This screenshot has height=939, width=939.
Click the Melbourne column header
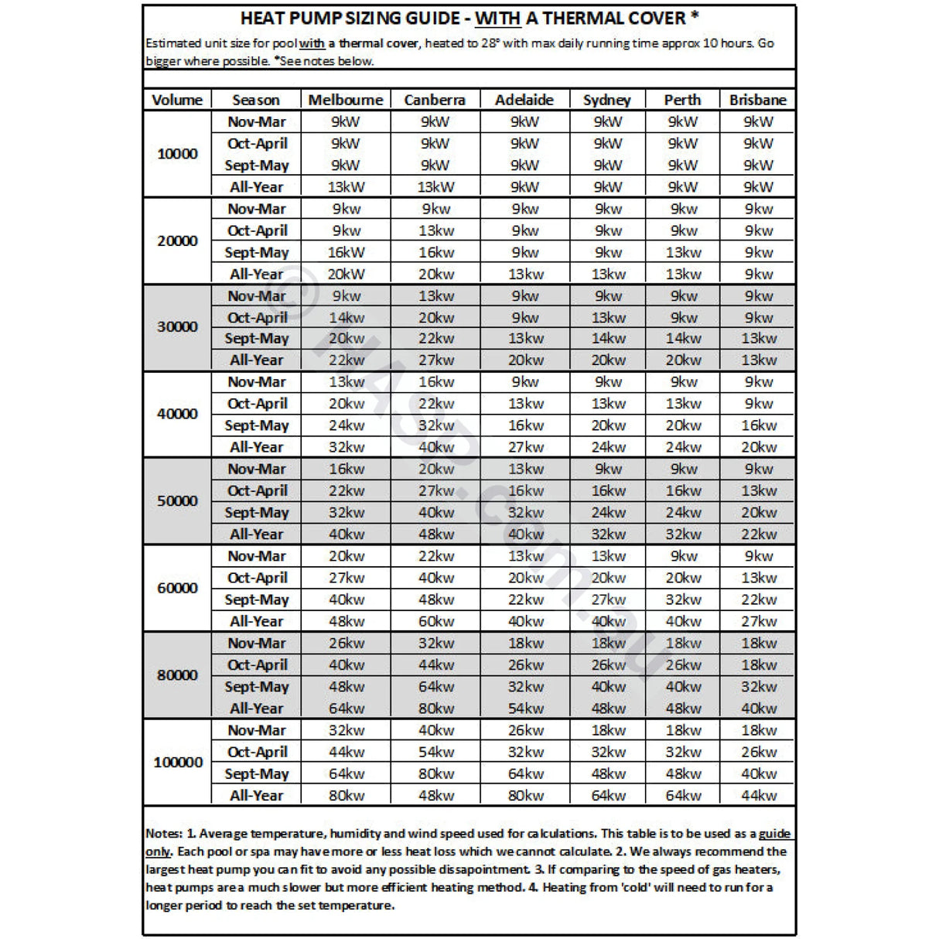coord(345,100)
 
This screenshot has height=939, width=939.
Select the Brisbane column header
coord(757,100)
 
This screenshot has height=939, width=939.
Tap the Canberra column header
coord(435,100)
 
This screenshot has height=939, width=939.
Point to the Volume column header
coord(177,100)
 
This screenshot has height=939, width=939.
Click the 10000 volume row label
coord(177,153)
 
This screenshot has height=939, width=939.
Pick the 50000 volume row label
coord(177,500)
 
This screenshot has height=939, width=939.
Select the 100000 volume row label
coord(178,762)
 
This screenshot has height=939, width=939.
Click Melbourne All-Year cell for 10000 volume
coord(346,186)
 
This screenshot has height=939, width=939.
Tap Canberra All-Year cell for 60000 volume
coord(435,621)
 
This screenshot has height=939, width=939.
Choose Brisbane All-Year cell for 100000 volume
coord(758,795)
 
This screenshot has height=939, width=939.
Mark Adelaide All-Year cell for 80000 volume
coord(525,708)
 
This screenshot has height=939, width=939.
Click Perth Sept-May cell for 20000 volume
coord(683,252)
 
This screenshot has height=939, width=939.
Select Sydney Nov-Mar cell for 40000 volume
coord(608,381)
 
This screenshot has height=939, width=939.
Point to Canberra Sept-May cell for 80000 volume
coord(435,686)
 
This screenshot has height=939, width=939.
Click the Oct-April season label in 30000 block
coord(257,317)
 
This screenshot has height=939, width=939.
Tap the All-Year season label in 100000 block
coord(257,795)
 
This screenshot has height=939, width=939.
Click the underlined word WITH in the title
coord(497,18)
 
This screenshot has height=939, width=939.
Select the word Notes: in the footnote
coord(164,834)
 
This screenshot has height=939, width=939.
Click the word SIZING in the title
coord(356,18)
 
